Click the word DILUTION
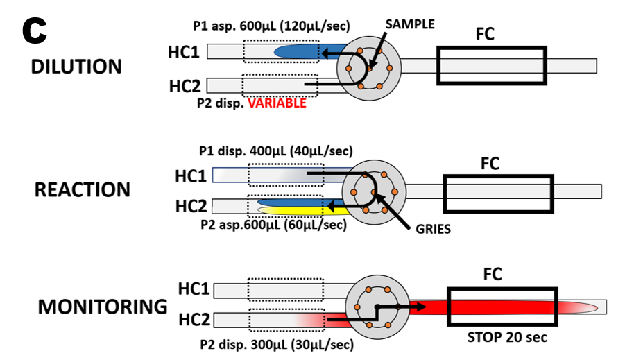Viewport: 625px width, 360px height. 76,67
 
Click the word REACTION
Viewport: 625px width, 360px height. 83,190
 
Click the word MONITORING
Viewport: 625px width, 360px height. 103,307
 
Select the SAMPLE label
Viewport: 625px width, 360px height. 410,24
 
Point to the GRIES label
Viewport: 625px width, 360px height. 433,230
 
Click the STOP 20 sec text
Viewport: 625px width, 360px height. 506,338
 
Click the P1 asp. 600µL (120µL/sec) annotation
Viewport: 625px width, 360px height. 271,26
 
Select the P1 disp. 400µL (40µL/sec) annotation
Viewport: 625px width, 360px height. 276,151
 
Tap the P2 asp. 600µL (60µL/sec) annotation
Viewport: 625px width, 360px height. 273,225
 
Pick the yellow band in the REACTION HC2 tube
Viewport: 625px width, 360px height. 291,209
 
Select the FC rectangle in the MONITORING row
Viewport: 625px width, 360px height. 503,306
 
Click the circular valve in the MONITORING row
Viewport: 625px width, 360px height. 375,306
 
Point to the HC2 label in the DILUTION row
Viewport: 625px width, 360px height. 185,87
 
